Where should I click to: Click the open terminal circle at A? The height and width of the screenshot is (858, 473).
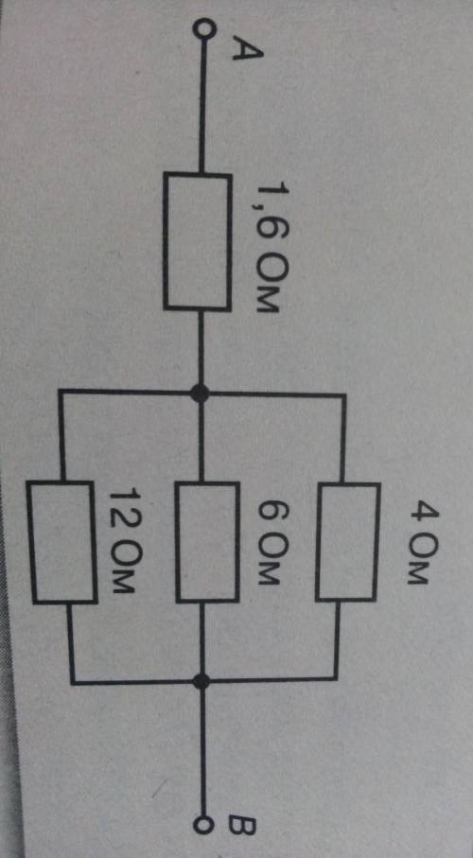(x=202, y=27)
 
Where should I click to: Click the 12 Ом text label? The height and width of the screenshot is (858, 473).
(x=121, y=541)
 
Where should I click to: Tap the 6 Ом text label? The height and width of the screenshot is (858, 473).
(x=268, y=544)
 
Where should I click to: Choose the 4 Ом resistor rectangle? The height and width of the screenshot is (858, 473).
(x=347, y=542)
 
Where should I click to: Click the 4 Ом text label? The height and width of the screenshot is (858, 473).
(x=418, y=544)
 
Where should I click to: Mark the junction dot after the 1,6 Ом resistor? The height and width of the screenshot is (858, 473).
(x=200, y=393)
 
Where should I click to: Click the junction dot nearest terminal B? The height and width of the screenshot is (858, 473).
(x=202, y=681)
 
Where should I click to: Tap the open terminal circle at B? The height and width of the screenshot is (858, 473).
(x=203, y=825)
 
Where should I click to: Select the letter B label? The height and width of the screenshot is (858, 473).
(x=242, y=825)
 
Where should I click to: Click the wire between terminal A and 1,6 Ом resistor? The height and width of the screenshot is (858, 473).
(x=202, y=104)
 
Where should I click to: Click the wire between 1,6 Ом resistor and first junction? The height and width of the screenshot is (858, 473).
(x=201, y=347)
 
